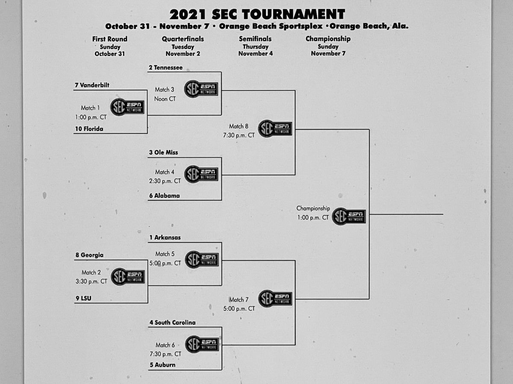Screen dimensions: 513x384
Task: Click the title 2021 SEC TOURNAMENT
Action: (x=257, y=15)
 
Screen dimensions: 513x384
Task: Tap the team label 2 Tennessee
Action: (x=166, y=67)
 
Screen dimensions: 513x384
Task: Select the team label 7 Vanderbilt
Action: (x=92, y=85)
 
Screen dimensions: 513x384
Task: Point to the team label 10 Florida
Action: (x=89, y=129)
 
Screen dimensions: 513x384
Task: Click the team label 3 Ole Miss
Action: (x=164, y=152)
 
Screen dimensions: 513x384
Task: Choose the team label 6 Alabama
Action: (x=165, y=195)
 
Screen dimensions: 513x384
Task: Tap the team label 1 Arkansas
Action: (x=165, y=238)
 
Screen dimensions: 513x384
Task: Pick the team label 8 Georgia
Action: (x=89, y=255)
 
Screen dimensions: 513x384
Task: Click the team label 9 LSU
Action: (x=83, y=298)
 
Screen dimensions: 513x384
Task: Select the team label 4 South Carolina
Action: (x=172, y=323)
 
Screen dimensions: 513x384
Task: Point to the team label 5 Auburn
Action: (x=163, y=365)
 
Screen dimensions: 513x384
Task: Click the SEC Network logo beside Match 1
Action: (x=127, y=107)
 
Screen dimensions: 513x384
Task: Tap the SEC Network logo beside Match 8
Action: (x=275, y=128)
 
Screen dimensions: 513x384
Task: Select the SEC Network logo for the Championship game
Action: (x=349, y=216)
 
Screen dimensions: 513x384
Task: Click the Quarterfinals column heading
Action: (x=183, y=39)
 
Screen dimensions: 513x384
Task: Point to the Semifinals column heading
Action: (x=255, y=39)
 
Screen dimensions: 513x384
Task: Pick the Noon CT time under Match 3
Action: (x=165, y=99)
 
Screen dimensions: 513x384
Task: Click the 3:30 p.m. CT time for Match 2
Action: (x=91, y=282)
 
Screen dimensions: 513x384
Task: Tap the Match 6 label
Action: (x=165, y=345)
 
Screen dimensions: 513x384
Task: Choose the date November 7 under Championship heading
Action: (x=328, y=53)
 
